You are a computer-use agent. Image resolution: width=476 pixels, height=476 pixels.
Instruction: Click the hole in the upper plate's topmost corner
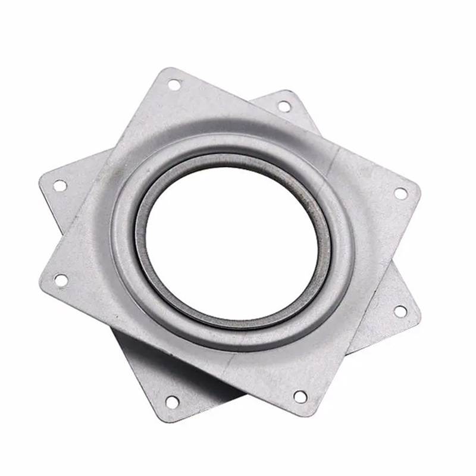(173, 84)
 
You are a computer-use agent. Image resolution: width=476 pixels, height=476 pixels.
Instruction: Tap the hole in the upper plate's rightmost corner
(401, 193)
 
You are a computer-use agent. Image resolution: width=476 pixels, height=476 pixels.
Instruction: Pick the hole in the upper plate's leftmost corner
(61, 279)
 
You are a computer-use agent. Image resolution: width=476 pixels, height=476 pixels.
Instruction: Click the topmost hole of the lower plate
(284, 107)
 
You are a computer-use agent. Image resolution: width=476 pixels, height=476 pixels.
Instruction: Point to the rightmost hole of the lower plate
(400, 311)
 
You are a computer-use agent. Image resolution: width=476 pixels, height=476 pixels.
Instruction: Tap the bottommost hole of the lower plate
(171, 402)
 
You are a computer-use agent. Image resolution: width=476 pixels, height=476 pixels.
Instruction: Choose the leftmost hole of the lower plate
(60, 186)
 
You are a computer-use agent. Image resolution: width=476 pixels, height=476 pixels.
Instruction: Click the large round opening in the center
(235, 238)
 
